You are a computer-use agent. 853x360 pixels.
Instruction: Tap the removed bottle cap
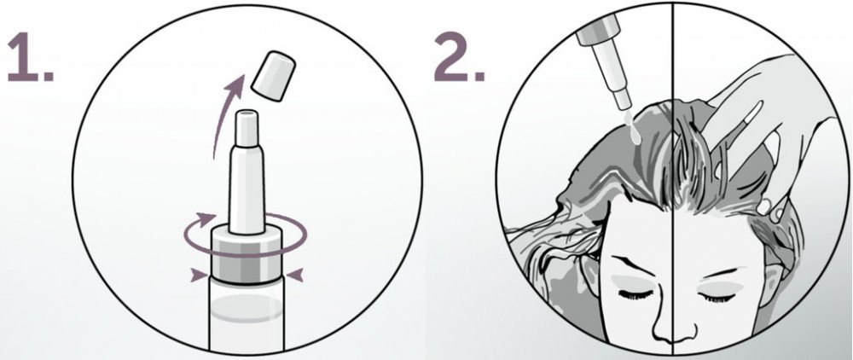click(x=273, y=76)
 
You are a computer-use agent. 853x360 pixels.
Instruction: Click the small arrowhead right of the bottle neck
click(x=294, y=276)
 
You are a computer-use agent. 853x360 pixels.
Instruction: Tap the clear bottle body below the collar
click(x=247, y=316)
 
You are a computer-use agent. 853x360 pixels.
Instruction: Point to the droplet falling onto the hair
click(x=632, y=126)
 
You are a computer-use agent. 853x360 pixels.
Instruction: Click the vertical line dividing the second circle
click(x=674, y=179)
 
